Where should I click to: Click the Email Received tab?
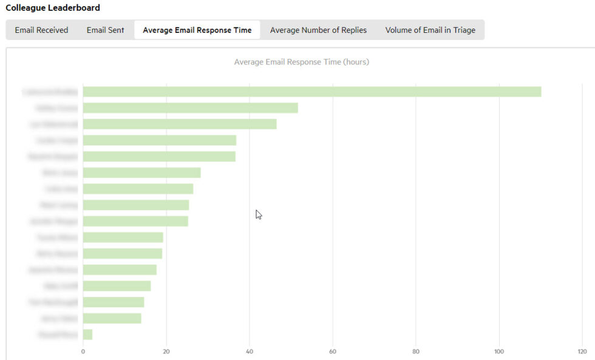pyautogui.click(x=41, y=30)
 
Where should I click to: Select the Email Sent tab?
pyautogui.click(x=105, y=30)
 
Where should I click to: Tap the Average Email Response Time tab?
pyautogui.click(x=197, y=30)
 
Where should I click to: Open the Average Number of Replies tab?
pyautogui.click(x=318, y=30)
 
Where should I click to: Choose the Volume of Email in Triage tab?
pyautogui.click(x=430, y=30)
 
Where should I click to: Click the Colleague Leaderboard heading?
pyautogui.click(x=53, y=8)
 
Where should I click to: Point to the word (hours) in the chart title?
pyautogui.click(x=356, y=62)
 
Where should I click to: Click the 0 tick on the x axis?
pyautogui.click(x=83, y=351)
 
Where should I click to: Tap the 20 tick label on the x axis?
pyautogui.click(x=166, y=351)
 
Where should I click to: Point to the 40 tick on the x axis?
pyautogui.click(x=250, y=351)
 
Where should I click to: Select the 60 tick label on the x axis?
pyautogui.click(x=333, y=351)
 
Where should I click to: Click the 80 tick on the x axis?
pyautogui.click(x=416, y=351)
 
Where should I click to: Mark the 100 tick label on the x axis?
pyautogui.click(x=499, y=351)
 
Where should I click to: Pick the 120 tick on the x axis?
pyautogui.click(x=582, y=351)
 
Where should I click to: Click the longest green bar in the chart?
pyautogui.click(x=311, y=92)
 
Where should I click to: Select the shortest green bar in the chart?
pyautogui.click(x=87, y=335)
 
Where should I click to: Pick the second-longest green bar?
pyautogui.click(x=190, y=108)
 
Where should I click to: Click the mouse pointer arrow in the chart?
pyautogui.click(x=258, y=214)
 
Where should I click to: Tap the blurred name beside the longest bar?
pyautogui.click(x=50, y=92)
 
